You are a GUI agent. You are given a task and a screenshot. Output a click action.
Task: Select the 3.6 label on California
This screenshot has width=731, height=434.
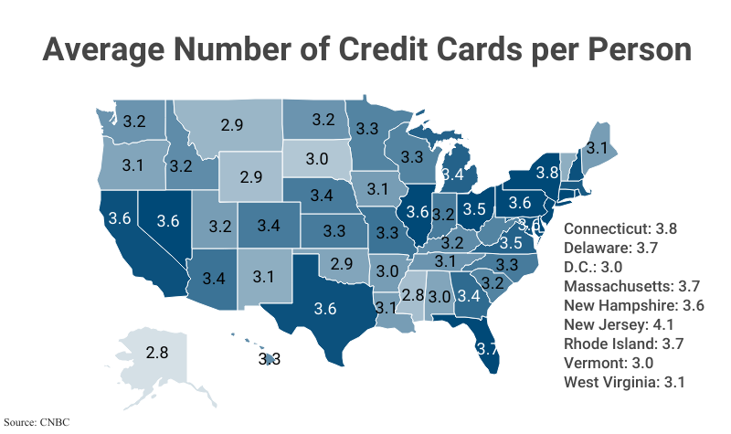(x=119, y=218)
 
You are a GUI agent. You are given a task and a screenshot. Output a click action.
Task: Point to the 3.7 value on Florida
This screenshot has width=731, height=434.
(x=487, y=347)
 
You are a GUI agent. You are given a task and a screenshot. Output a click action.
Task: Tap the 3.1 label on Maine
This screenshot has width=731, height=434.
(x=597, y=146)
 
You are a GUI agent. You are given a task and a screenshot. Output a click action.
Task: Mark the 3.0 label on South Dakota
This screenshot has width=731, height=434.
(x=317, y=158)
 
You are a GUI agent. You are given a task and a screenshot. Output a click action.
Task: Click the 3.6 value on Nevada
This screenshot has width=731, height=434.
(x=167, y=220)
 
